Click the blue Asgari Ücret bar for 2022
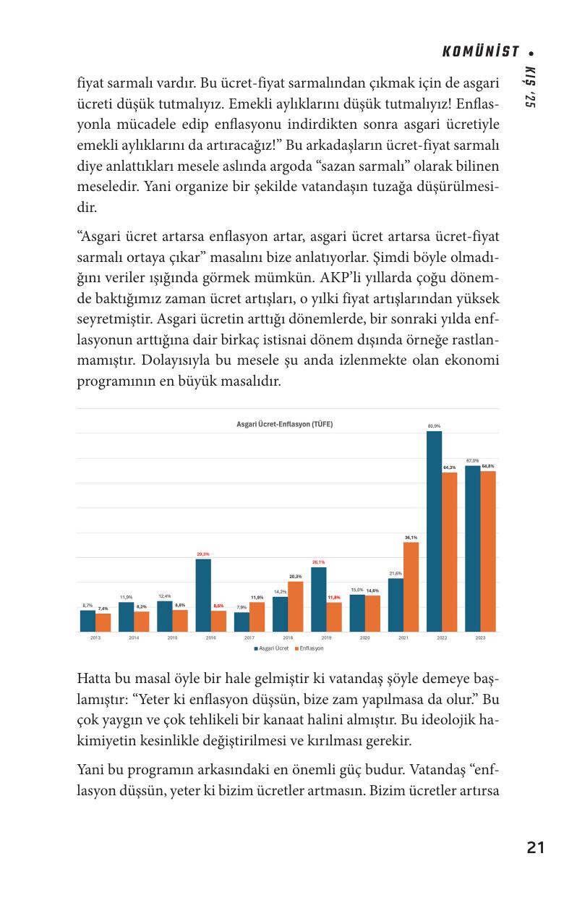[x=434, y=531]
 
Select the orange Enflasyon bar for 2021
[x=411, y=587]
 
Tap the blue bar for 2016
[x=203, y=595]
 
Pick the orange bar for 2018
[x=295, y=606]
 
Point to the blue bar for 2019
[x=318, y=599]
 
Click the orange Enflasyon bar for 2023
[x=488, y=551]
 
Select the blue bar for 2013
[x=87, y=621]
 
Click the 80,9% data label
[x=434, y=426]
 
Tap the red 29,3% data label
[x=203, y=554]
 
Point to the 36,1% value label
[x=411, y=538]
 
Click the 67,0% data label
[x=472, y=460]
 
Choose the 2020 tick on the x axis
[x=364, y=638]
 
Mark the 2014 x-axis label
[x=134, y=638]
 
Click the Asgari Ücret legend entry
[x=272, y=648]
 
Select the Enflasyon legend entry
[x=309, y=648]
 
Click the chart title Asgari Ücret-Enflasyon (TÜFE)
[x=285, y=424]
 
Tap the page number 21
[x=535, y=847]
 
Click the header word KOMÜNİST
[x=481, y=51]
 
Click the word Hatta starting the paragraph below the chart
[x=94, y=682]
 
